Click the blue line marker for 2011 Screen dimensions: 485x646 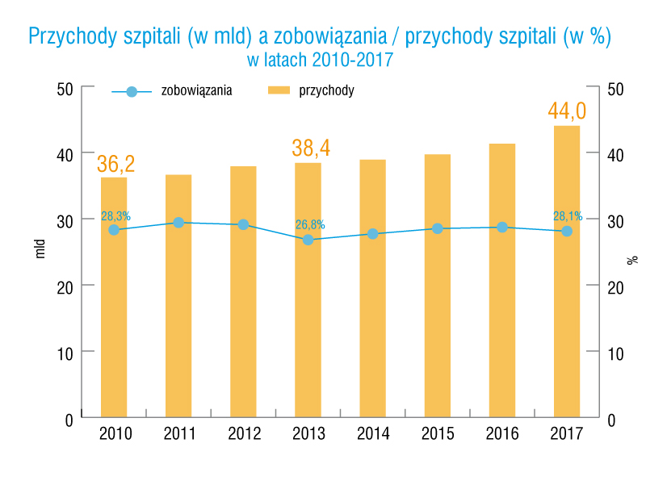[178, 222]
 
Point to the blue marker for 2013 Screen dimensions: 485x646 [308, 240]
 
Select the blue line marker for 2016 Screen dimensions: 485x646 [502, 228]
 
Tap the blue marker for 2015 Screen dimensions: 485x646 [438, 228]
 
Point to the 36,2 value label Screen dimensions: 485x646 [115, 164]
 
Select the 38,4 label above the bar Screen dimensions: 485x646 [311, 148]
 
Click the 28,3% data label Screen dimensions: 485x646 [115, 216]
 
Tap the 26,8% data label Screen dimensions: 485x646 [310, 224]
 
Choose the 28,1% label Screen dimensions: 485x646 [568, 216]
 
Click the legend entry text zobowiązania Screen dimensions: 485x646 [197, 90]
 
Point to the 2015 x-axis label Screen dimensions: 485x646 [438, 434]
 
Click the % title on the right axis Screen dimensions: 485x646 [632, 260]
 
